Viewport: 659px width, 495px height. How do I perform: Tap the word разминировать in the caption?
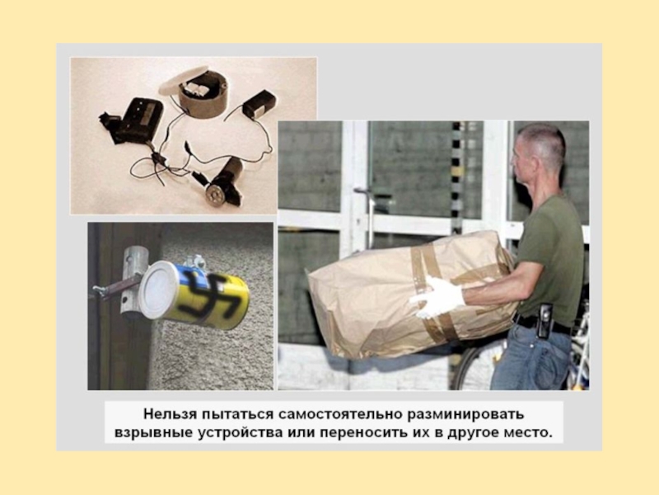click(466, 415)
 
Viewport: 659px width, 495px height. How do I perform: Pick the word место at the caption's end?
click(527, 433)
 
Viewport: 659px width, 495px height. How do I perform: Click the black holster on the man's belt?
click(544, 320)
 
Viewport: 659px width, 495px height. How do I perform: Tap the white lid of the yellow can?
click(158, 290)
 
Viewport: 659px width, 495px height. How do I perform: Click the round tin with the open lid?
click(203, 95)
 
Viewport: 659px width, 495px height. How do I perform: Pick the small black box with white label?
click(259, 104)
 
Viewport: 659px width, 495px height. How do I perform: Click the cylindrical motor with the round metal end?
click(223, 182)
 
